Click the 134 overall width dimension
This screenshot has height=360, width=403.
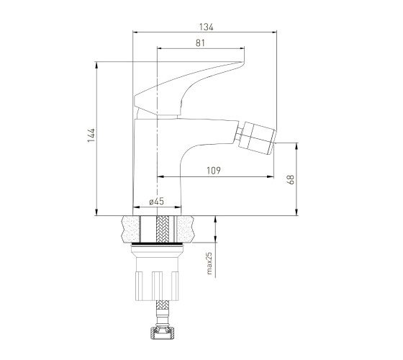pyautogui.click(x=207, y=27)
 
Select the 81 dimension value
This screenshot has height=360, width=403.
pyautogui.click(x=200, y=43)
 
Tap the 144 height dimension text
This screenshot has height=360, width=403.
pyautogui.click(x=91, y=135)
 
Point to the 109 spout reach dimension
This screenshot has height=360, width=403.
pyautogui.click(x=214, y=171)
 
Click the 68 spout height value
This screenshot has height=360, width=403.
pyautogui.click(x=291, y=179)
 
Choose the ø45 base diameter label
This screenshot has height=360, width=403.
pyautogui.click(x=157, y=202)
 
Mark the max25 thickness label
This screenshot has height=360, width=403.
pyautogui.click(x=209, y=263)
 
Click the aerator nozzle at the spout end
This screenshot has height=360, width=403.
pyautogui.click(x=258, y=138)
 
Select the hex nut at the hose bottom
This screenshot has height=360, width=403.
pyautogui.click(x=163, y=333)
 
